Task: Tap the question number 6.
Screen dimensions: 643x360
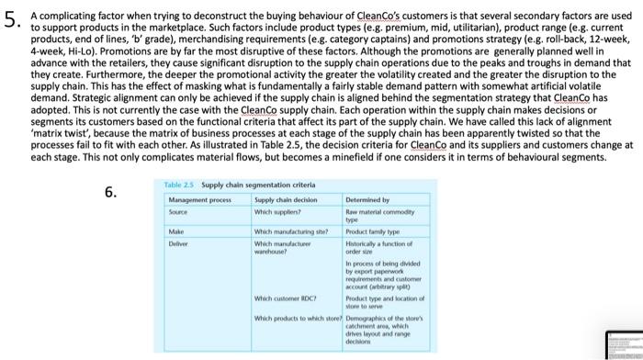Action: (x=111, y=192)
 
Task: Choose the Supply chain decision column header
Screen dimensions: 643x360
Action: (x=286, y=199)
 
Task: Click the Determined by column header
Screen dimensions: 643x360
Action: (x=368, y=199)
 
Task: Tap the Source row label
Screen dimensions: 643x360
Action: (x=180, y=210)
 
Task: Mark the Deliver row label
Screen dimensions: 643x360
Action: (x=180, y=243)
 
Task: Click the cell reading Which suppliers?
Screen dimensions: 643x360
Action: (x=279, y=210)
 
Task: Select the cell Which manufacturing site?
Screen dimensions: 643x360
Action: (x=290, y=232)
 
